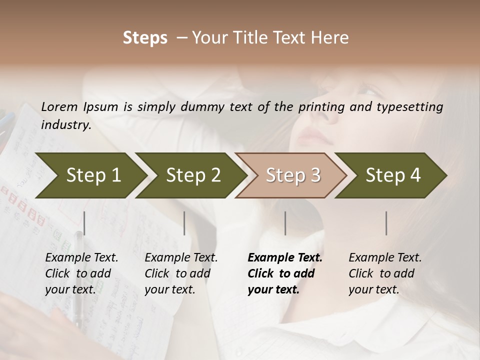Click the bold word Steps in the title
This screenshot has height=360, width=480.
coord(145,38)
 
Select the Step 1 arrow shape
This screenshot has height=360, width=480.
coord(90,175)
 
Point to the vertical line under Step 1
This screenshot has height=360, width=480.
coord(84,223)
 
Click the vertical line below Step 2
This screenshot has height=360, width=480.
coord(184,223)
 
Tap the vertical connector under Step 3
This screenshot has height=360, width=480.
coord(285,223)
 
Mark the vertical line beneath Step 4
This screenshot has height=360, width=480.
coord(386,223)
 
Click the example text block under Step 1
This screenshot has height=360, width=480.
coord(81,273)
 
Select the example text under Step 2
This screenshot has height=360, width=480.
coord(181,273)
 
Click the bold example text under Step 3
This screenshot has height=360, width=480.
coord(285,273)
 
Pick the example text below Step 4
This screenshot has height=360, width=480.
coord(385,273)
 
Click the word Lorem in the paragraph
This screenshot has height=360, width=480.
coord(59,106)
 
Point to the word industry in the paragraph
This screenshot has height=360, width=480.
coord(65,124)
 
